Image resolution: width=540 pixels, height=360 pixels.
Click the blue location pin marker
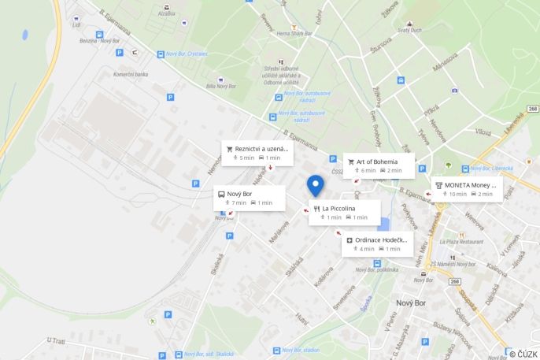[316, 184]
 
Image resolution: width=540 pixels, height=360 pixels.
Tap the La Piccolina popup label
[344, 213]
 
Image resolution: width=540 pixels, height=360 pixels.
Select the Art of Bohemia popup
[378, 165]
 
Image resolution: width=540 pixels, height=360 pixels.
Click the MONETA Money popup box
[466, 189]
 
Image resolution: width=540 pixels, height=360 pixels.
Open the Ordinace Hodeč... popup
[377, 244]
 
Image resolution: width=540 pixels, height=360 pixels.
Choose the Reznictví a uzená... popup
[257, 153]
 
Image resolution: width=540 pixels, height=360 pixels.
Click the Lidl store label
[76, 24]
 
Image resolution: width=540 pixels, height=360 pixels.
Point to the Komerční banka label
[131, 74]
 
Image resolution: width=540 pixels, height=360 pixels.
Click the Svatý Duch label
[410, 30]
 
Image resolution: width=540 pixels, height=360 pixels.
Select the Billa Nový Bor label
[221, 86]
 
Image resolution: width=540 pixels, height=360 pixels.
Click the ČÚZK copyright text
[523, 354]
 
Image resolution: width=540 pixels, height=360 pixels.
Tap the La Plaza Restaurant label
[461, 242]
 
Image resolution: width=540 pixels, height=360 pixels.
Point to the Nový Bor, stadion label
[301, 350]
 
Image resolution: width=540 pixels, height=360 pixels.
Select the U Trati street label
[56, 340]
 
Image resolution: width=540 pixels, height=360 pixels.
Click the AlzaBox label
[166, 13]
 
